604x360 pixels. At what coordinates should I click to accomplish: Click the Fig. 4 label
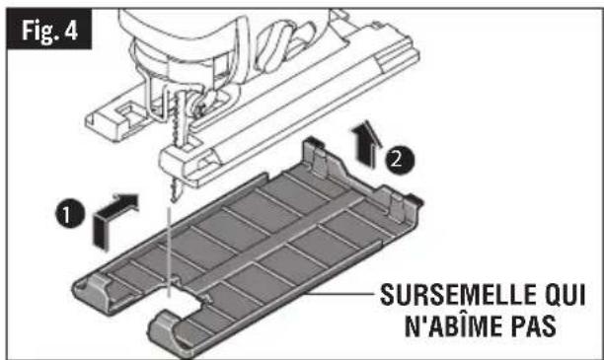click(49, 30)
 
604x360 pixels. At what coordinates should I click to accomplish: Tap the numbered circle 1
click(70, 213)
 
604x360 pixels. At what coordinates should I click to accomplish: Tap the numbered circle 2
click(401, 160)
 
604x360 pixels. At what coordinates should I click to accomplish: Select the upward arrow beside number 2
click(366, 144)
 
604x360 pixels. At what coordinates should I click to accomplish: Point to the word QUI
click(566, 296)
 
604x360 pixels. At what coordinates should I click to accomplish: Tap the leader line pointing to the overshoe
click(340, 293)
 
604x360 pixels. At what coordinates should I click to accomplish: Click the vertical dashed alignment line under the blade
click(169, 252)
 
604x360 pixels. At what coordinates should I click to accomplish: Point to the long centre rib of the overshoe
click(273, 242)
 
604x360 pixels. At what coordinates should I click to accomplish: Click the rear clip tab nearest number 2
click(317, 157)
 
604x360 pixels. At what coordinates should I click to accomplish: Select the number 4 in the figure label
click(71, 30)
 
